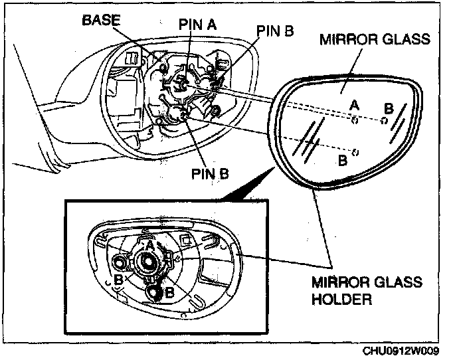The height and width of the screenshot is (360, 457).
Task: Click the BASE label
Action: [102, 21]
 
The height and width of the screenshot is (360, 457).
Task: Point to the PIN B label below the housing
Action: [209, 174]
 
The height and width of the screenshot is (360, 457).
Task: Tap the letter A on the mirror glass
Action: [355, 105]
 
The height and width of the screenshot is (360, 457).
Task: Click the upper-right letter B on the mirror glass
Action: [389, 107]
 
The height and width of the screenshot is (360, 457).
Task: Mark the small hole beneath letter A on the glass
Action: [355, 120]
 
